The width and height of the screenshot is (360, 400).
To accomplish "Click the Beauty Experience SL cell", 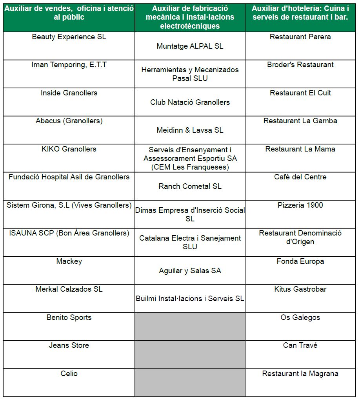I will [69, 37].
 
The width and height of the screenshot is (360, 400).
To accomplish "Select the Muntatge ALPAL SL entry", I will [190, 46].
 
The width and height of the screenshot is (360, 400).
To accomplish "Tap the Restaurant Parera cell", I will [300, 37].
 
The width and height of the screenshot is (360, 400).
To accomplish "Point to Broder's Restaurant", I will [300, 65].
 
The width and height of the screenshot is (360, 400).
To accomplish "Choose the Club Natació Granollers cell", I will [190, 102].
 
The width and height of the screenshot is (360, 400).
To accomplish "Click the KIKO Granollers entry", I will [69, 149].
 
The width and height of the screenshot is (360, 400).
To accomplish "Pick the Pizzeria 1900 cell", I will [300, 205].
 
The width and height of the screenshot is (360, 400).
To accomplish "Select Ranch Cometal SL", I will [190, 186].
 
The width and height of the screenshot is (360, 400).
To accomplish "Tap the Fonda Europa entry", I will [300, 261].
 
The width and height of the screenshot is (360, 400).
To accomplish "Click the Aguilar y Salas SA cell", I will [190, 271].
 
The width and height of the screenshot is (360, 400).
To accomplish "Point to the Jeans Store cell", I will [69, 345].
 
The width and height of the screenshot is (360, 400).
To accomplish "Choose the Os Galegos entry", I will [300, 318].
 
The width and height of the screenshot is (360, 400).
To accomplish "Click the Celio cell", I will [69, 374].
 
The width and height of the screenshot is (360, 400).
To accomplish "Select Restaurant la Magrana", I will [300, 374].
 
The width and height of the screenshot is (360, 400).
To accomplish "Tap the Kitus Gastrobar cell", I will [300, 289].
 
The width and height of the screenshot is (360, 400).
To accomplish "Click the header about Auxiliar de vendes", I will [69, 13].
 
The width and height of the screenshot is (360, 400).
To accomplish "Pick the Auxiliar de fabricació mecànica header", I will [190, 17].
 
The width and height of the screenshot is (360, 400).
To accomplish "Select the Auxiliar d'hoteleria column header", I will [300, 13].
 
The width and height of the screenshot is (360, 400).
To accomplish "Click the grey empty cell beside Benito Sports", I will [190, 327].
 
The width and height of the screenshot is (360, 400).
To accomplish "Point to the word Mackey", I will [69, 261].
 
